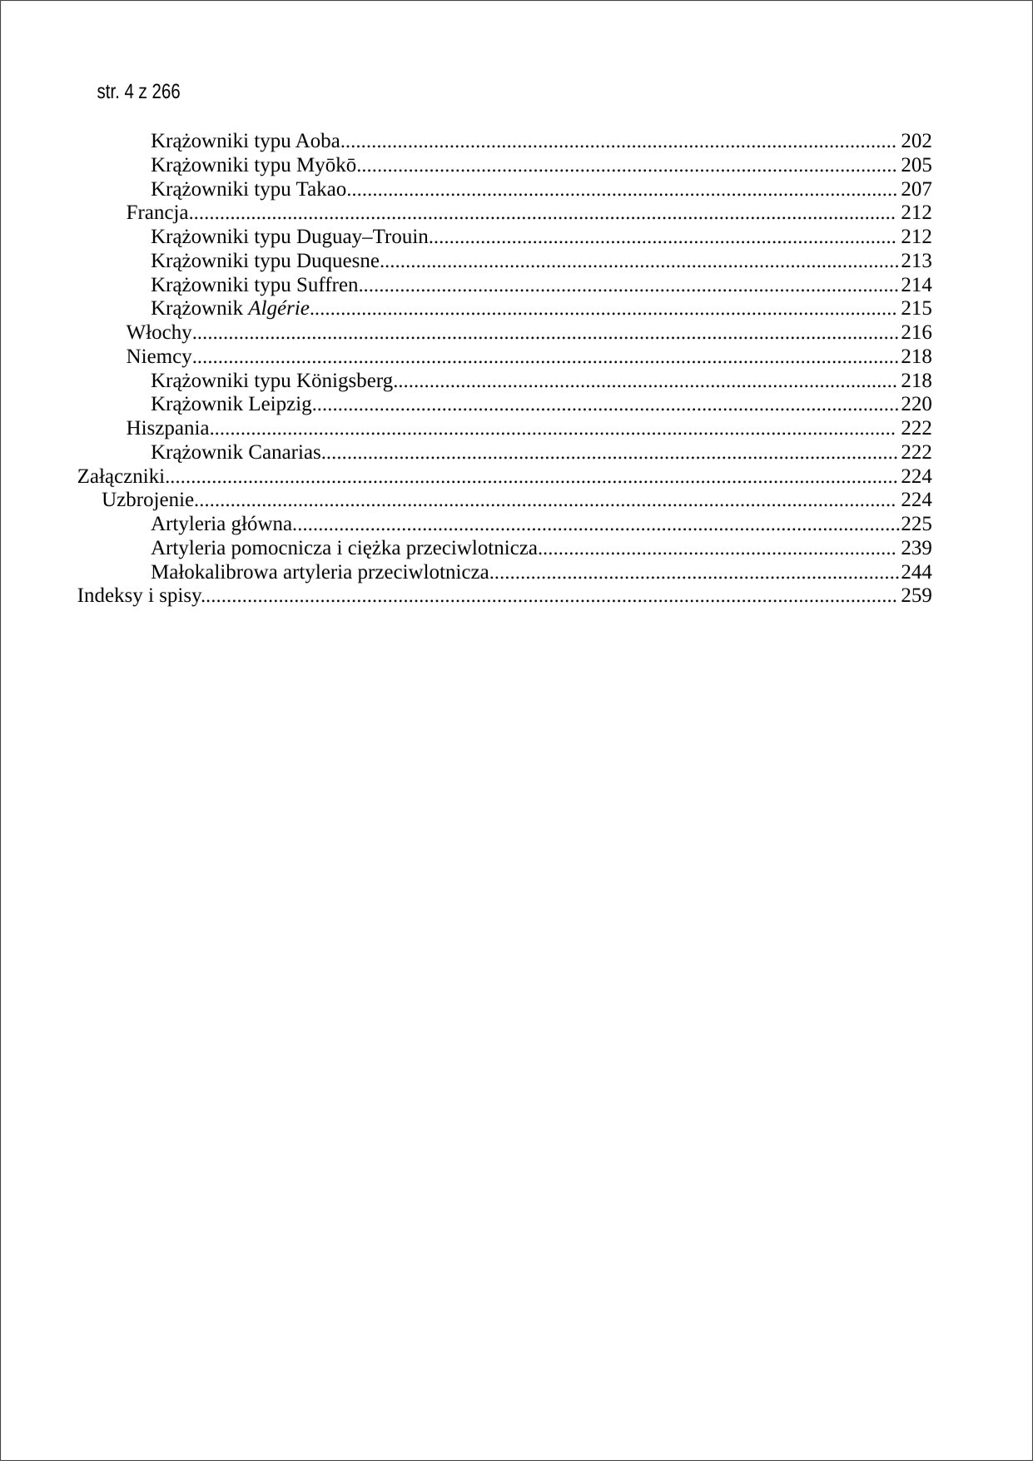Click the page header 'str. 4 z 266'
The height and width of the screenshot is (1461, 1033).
click(138, 92)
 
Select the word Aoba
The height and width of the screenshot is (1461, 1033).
click(318, 141)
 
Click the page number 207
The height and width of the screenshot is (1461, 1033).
click(916, 189)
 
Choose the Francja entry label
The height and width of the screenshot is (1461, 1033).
click(157, 213)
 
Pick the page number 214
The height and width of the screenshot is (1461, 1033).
click(916, 286)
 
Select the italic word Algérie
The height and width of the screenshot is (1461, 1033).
click(279, 309)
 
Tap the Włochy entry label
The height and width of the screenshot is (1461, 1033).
click(159, 333)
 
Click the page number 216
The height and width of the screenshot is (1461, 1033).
click(916, 333)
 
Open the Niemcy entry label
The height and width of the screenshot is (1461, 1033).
click(159, 357)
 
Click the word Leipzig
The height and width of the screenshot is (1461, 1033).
click(280, 405)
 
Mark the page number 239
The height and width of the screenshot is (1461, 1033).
click(916, 549)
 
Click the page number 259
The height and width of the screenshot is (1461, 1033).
click(916, 596)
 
